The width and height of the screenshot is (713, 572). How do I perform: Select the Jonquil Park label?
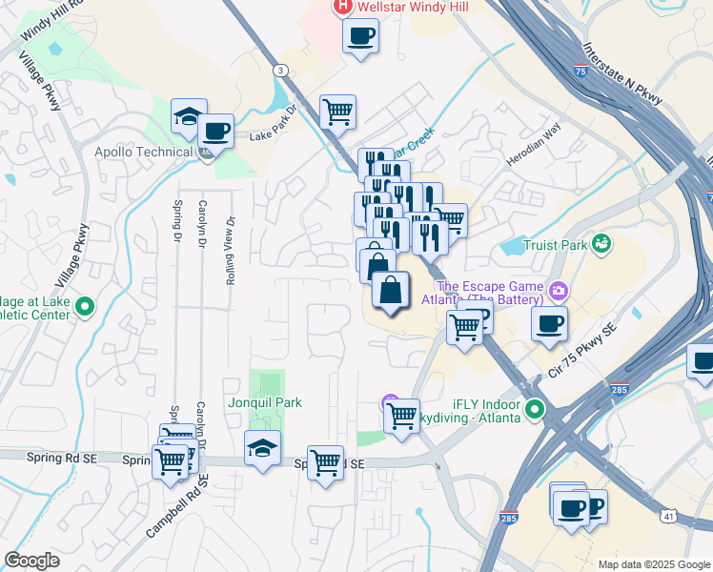pos(265,402)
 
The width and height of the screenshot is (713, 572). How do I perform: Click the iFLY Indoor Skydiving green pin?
pos(535,410)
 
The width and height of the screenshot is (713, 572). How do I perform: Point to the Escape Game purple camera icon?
pos(560,289)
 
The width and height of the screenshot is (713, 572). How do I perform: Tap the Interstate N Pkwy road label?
pos(621,71)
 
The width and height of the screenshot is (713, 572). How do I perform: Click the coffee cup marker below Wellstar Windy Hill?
pos(360,38)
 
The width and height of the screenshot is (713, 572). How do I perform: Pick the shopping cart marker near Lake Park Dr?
pos(337,112)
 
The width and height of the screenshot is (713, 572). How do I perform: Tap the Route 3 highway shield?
pos(279,71)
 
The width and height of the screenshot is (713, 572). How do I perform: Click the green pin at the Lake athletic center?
pos(84,307)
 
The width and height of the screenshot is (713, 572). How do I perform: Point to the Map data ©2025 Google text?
pos(653,564)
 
